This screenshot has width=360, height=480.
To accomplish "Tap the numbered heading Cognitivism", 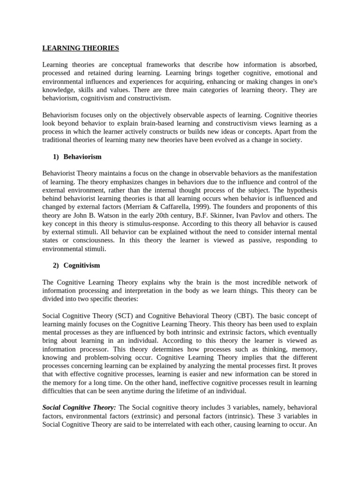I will [x=82, y=265].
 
